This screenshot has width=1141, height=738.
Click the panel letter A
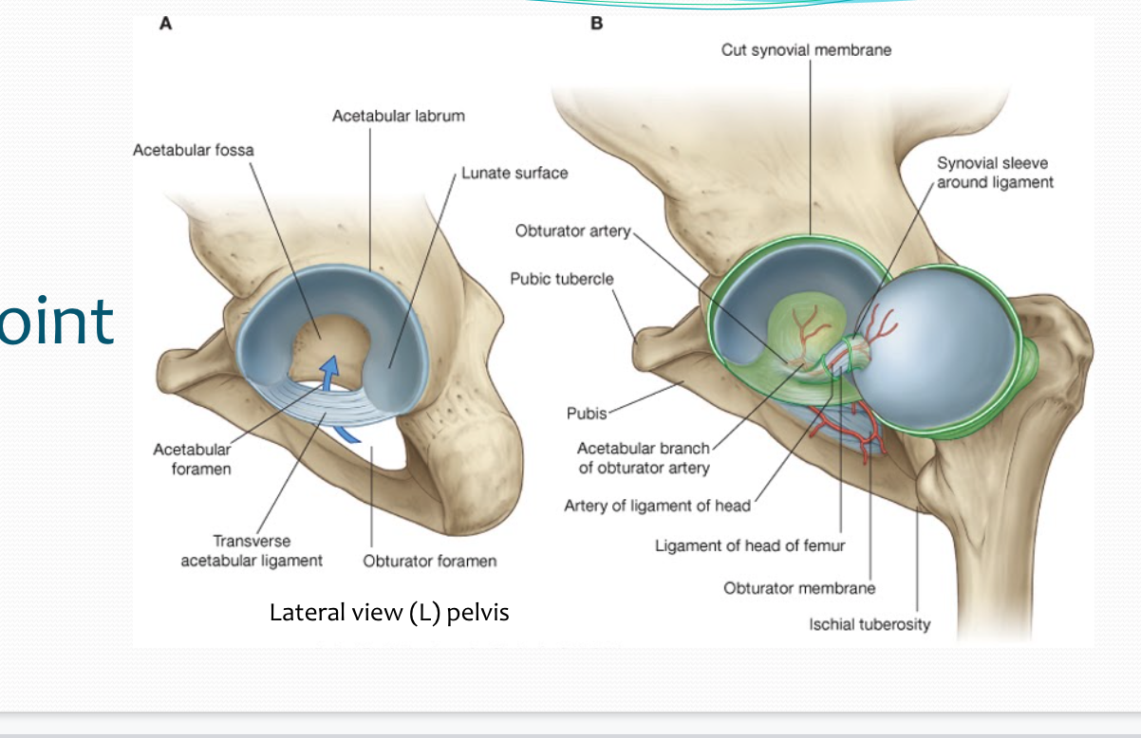165,25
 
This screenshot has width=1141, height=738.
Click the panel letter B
596,25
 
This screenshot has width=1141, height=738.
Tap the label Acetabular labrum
399,116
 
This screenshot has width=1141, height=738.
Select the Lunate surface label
514,174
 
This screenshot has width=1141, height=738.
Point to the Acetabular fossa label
194,150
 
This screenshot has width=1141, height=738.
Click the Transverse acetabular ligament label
252,551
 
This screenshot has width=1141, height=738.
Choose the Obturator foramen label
429,561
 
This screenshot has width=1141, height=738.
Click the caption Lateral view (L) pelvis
389,613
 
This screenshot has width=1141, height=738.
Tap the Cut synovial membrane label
806,50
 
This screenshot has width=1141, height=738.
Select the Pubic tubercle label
562,279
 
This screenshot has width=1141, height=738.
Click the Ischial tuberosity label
870,624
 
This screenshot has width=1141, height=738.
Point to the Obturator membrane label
799,588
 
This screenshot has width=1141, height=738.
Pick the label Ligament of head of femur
750,545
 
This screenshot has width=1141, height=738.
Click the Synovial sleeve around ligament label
995,173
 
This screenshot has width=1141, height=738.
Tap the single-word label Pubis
586,415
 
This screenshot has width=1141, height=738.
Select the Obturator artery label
572,231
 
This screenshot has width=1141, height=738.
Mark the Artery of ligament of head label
657,506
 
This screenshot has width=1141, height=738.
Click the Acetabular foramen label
192,459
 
